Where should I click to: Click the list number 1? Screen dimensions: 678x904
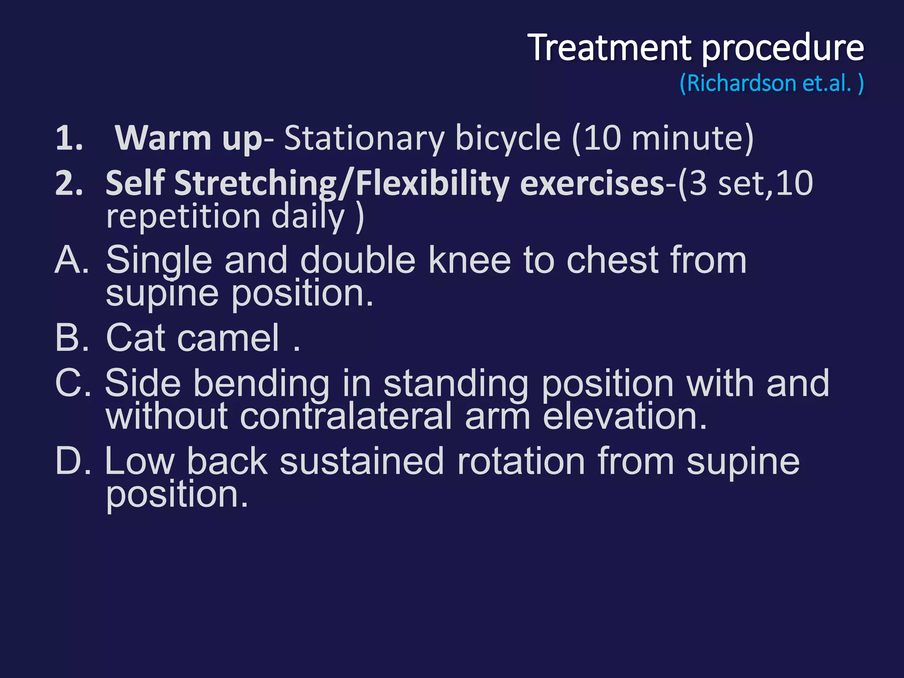coord(68,139)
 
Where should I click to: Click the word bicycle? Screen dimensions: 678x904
coord(508,139)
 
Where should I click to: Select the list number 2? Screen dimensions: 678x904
coord(69,184)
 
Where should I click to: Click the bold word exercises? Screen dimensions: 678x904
coord(592,184)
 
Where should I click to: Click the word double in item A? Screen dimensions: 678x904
coord(358,260)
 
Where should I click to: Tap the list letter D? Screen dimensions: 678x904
coord(72,461)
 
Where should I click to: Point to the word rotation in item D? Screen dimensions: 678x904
coord(521,461)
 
